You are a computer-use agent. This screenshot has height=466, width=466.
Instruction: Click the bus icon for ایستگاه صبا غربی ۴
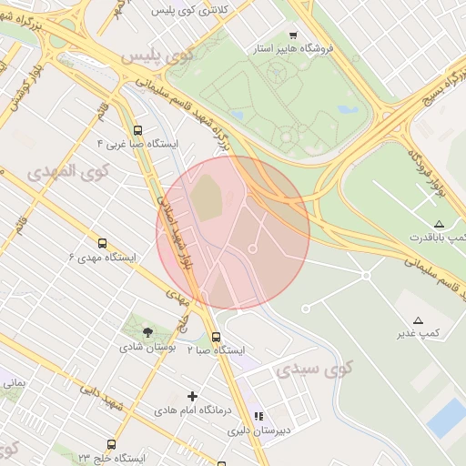(x=137, y=130)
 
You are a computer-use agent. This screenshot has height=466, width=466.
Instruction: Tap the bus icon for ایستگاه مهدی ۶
(x=102, y=244)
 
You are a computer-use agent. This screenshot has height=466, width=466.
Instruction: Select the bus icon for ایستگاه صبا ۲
(x=215, y=337)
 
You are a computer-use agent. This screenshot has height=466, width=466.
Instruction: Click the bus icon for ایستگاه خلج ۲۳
(x=111, y=445)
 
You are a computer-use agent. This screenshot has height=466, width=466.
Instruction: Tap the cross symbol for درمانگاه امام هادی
(x=192, y=396)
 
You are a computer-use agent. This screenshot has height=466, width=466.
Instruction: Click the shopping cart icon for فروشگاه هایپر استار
(x=319, y=35)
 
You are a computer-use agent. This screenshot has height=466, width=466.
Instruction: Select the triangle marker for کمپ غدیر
(x=418, y=320)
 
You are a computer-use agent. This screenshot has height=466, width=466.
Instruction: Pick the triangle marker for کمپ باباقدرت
(x=439, y=224)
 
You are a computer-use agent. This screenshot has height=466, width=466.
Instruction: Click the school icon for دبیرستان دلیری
(x=258, y=416)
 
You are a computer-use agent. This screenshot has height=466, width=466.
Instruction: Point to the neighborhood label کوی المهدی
(x=67, y=170)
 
